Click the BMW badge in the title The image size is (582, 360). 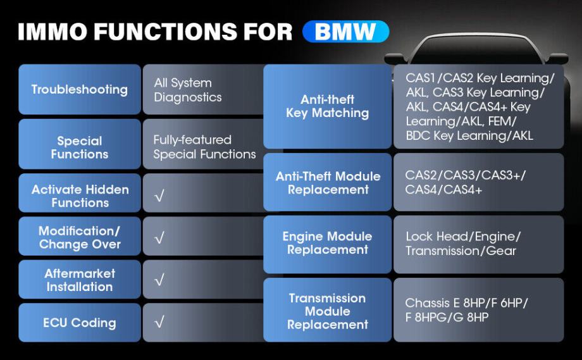tap(345, 32)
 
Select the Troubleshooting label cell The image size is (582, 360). tap(80, 89)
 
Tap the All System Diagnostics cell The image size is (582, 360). tap(202, 90)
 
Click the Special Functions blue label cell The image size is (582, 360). tap(80, 147)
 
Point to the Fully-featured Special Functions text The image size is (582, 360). tap(204, 147)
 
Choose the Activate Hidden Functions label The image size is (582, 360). tap(80, 196)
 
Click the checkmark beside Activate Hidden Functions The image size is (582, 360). tap(159, 196)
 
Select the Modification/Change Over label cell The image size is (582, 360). tap(80, 237)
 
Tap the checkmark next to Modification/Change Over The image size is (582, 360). tap(159, 238)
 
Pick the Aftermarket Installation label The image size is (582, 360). tap(80, 280)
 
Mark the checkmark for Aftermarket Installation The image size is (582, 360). tap(159, 280)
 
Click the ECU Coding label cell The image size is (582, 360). tap(80, 323)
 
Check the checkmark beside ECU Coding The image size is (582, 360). tap(159, 323)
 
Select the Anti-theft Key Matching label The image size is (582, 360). tap(327, 106)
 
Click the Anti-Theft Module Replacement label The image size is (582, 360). tap(328, 183)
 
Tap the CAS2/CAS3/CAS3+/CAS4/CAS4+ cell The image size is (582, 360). tap(478, 182)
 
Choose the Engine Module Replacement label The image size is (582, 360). tap(327, 243)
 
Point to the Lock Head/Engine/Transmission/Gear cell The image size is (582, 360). tap(478, 244)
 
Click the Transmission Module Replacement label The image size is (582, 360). tap(327, 311)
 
